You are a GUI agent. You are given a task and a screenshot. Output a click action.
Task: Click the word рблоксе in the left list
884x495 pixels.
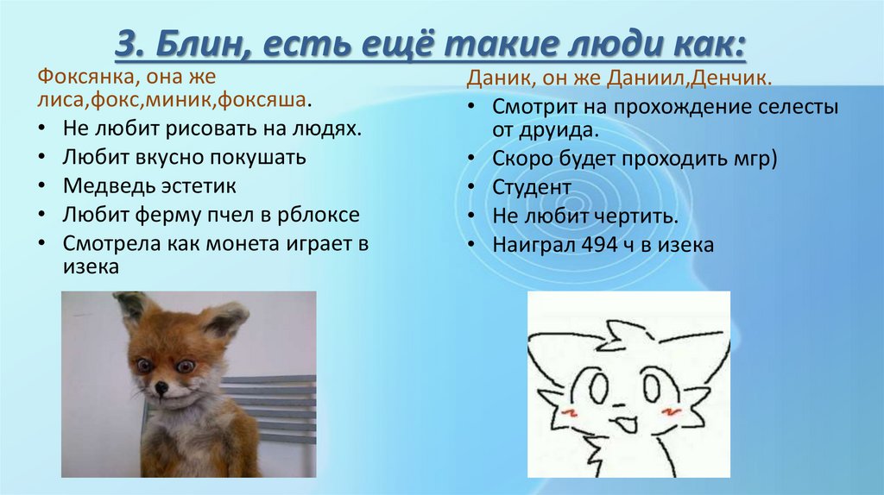click(322, 214)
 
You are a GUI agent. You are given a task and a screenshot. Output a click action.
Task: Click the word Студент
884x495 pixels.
click(532, 186)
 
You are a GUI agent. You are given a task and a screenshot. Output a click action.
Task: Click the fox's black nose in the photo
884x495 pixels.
click(161, 391)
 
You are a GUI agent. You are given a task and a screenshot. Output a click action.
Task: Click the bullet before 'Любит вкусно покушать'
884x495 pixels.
click(43, 158)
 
